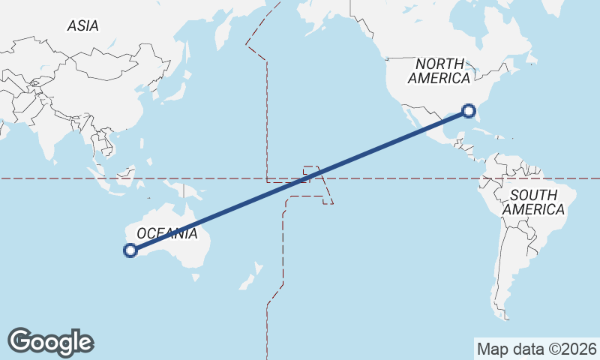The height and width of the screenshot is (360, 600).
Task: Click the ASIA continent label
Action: coord(82,25)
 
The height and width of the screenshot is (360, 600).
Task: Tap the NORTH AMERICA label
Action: coord(442,70)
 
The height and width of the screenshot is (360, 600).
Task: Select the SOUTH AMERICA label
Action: coord(533,202)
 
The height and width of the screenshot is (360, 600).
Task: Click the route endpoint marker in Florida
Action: coord(469,111)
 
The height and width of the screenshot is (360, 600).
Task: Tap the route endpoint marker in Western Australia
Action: coord(130,251)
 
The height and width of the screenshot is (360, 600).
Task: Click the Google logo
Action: coord(50,342)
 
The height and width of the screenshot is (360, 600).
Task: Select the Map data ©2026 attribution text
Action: coord(537,349)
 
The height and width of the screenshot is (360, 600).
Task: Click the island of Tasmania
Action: coord(196,277)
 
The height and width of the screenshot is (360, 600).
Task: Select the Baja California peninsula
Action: coord(409,117)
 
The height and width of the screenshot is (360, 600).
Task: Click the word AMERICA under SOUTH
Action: coord(533,210)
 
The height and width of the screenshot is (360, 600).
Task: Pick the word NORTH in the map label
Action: coord(442,63)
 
